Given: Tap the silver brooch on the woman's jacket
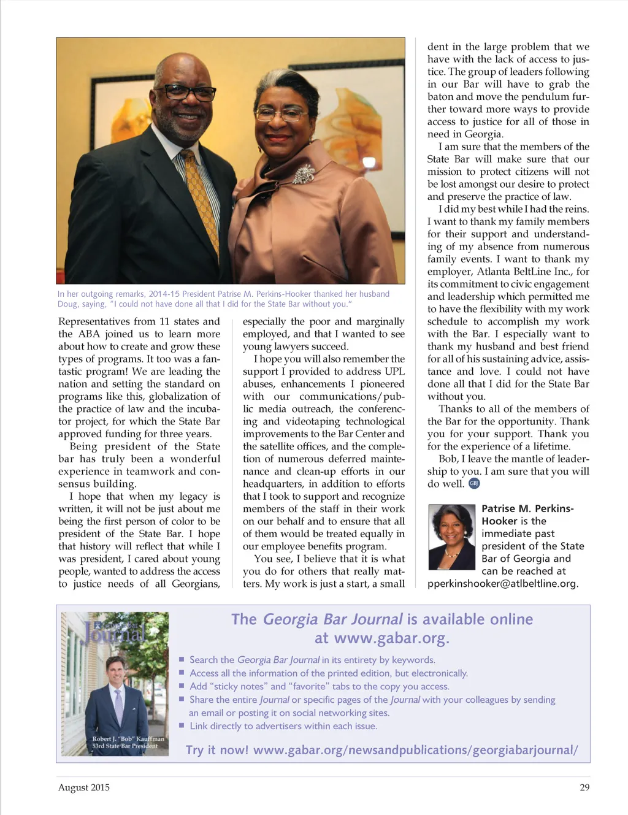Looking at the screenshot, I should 304,175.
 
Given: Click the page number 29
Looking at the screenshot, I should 584,787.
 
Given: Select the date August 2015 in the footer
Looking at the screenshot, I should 84,787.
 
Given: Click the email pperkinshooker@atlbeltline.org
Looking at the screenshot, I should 503,583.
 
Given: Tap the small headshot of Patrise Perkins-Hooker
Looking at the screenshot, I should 451,537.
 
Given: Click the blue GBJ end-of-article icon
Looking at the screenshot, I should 474,483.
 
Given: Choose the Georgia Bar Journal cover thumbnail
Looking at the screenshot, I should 115,683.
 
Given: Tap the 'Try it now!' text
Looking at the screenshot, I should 217,750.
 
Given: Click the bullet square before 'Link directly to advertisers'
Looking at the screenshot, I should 182,726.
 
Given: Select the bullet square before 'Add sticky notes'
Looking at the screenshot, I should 182,686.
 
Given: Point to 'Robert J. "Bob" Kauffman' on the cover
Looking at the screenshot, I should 128,739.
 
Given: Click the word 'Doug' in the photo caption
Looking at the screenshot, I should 67,304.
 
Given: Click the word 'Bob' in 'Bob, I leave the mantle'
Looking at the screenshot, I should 448,459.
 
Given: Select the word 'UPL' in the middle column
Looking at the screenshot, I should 394,372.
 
